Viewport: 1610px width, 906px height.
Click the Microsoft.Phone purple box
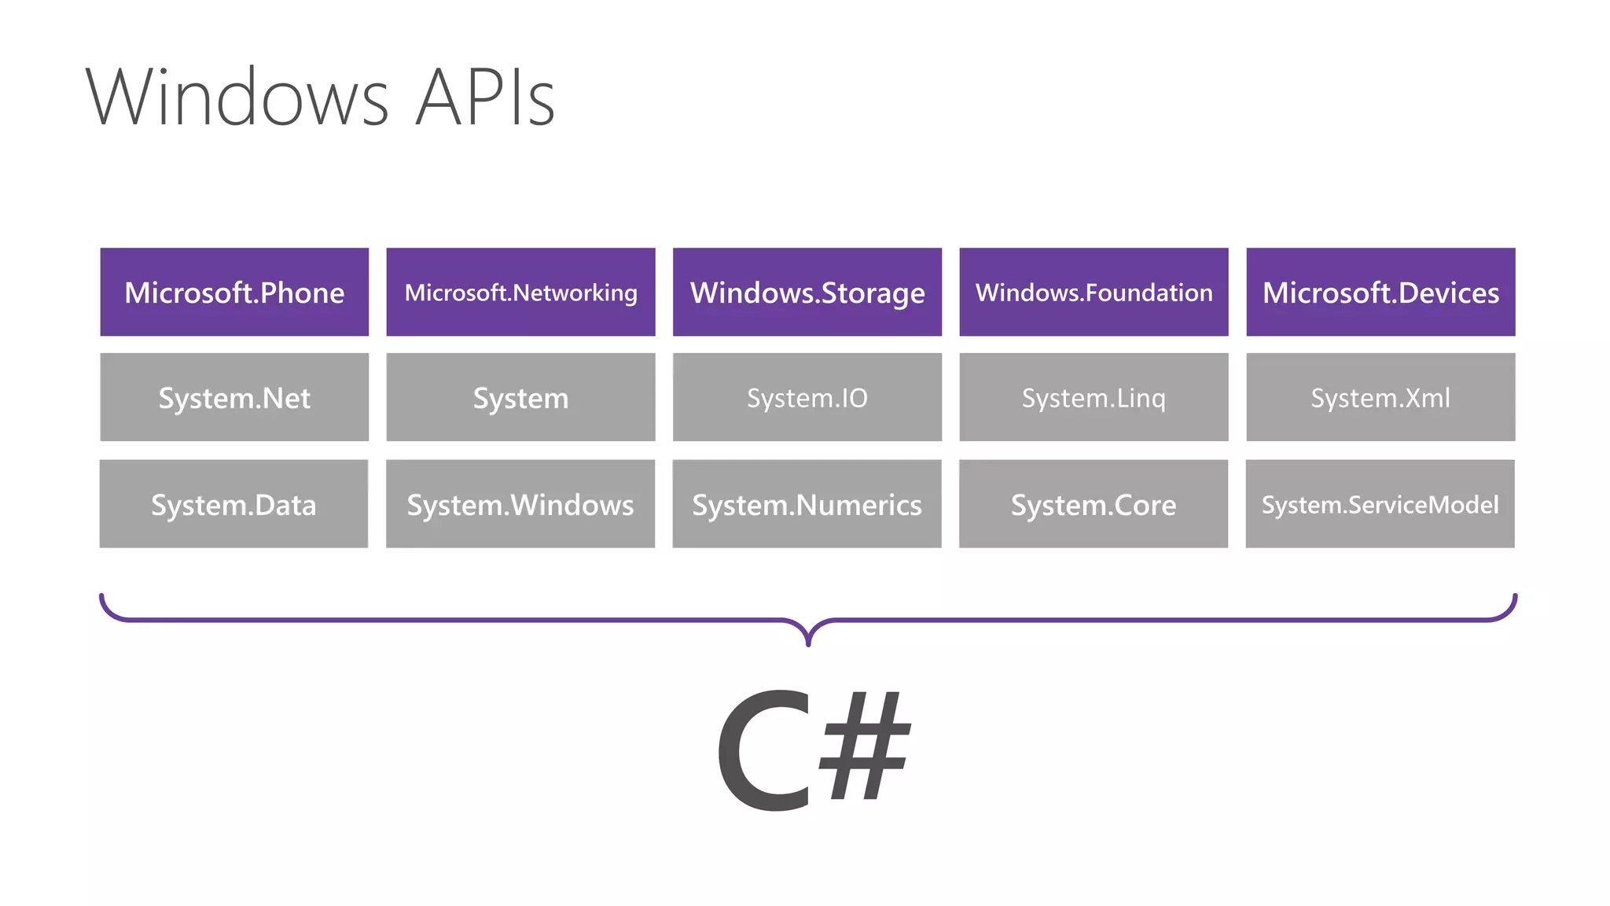pos(234,293)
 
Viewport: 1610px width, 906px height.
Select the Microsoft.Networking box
pos(520,293)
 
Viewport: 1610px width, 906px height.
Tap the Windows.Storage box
pos(807,293)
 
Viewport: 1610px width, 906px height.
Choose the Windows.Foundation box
pos(1094,293)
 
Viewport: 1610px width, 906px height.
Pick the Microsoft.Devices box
pos(1380,293)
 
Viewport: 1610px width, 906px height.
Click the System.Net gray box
pos(234,397)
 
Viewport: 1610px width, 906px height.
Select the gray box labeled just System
pos(520,397)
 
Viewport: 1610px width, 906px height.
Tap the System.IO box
pos(807,397)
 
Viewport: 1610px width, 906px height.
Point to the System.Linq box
pos(1094,397)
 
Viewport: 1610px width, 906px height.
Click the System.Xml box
pos(1380,397)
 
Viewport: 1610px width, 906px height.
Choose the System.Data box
pos(233,504)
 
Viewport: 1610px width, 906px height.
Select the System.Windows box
pos(520,504)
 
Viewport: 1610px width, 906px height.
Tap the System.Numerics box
pos(807,504)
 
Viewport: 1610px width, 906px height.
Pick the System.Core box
pos(1094,504)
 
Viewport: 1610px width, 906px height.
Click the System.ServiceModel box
pos(1380,504)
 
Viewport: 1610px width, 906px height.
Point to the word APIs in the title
pos(485,98)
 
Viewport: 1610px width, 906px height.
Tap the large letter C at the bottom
pos(763,751)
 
